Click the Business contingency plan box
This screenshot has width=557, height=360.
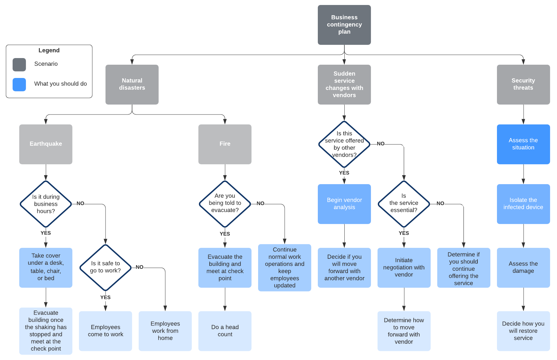344,25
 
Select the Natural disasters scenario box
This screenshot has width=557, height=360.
132,84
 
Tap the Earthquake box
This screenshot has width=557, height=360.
45,144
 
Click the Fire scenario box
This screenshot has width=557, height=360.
225,144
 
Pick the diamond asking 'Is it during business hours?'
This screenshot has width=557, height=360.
46,204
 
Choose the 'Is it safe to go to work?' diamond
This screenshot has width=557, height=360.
105,267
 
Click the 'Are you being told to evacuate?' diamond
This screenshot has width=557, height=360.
225,203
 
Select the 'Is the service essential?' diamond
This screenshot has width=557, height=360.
404,203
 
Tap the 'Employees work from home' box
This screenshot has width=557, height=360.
165,331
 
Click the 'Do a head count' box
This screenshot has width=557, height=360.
225,331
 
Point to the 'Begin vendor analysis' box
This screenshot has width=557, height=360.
344,204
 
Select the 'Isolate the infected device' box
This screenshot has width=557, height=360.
523,204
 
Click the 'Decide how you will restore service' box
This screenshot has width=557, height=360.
523,331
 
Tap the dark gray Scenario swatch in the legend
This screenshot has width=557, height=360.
19,65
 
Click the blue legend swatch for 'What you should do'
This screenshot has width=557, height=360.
19,85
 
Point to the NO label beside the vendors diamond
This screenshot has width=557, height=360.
381,144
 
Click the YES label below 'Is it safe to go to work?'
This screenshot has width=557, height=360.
105,297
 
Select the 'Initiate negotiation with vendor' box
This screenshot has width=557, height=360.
404,267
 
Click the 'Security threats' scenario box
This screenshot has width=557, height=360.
523,84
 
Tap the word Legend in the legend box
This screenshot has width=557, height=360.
49,50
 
